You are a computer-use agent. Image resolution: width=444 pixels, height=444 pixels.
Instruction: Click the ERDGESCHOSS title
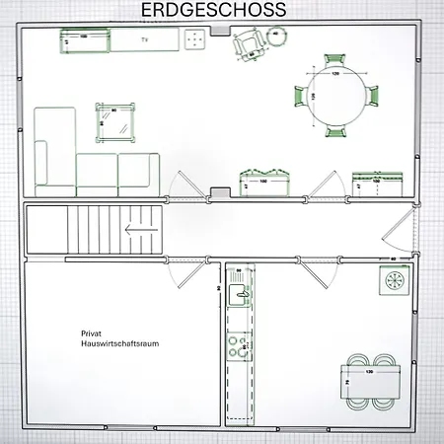tap(213, 10)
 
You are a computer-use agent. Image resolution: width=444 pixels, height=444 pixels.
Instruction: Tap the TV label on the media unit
tap(144, 39)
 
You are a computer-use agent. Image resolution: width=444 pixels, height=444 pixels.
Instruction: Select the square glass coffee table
tap(114, 122)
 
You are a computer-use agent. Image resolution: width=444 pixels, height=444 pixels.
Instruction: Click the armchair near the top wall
tap(247, 43)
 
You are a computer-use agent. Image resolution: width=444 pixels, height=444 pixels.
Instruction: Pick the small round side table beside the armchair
tap(277, 37)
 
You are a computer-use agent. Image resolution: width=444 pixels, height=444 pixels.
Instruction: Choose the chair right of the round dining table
tap(371, 96)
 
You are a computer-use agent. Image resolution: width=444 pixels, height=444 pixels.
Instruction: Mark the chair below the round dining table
tap(335, 130)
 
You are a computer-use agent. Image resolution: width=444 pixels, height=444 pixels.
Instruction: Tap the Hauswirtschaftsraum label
tap(120, 344)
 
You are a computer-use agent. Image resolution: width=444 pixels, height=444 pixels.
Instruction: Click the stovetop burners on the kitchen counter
tap(238, 345)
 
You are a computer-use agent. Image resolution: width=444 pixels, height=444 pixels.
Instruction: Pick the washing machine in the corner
tap(394, 281)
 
